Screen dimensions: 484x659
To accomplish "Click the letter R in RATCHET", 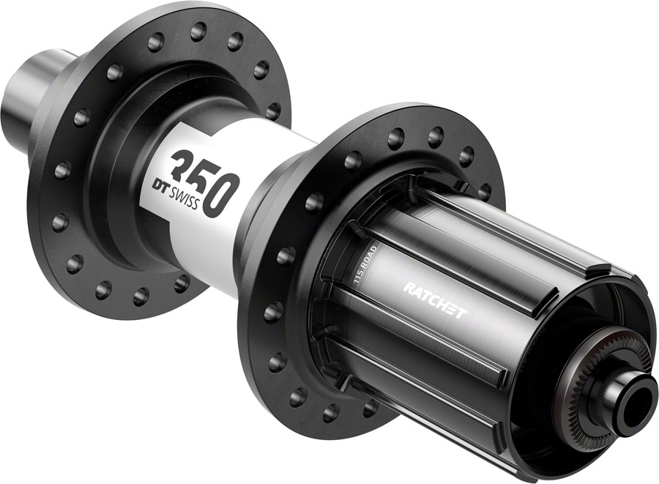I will click(x=408, y=288).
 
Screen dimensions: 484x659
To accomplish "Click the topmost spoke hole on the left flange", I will click(x=197, y=31).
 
